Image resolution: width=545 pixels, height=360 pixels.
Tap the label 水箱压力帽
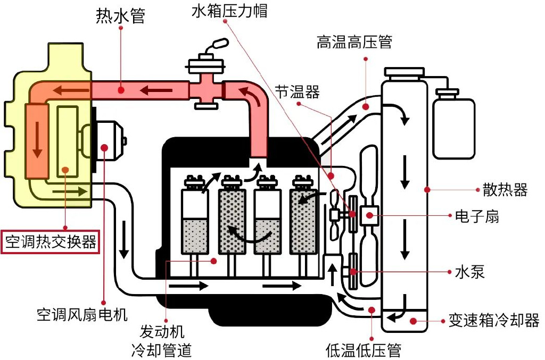(229, 11)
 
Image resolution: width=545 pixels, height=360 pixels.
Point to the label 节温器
(298, 93)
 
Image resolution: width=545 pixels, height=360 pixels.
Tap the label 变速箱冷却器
(494, 321)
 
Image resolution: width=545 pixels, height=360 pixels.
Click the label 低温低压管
(363, 350)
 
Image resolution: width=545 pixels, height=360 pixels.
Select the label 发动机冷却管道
(161, 341)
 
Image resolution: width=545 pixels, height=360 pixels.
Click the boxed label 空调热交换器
(51, 242)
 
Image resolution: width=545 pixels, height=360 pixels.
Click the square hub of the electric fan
(368, 215)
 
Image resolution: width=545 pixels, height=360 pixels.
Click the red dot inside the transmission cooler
(413, 320)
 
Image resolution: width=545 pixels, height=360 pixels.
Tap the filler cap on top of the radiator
(405, 72)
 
